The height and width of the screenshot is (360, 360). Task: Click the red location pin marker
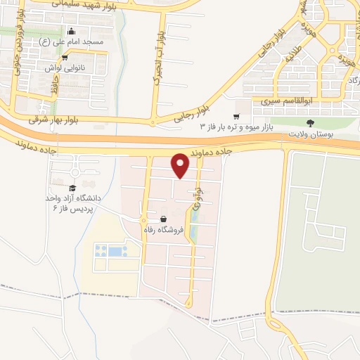pyautogui.click(x=181, y=165)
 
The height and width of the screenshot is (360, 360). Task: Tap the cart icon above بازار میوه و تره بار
pyautogui.click(x=237, y=116)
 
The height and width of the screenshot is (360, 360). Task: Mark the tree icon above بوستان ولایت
pyautogui.click(x=311, y=122)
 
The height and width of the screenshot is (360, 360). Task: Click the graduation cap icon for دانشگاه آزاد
pyautogui.click(x=72, y=188)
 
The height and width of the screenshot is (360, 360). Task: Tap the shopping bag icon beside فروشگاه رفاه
pyautogui.click(x=163, y=219)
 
